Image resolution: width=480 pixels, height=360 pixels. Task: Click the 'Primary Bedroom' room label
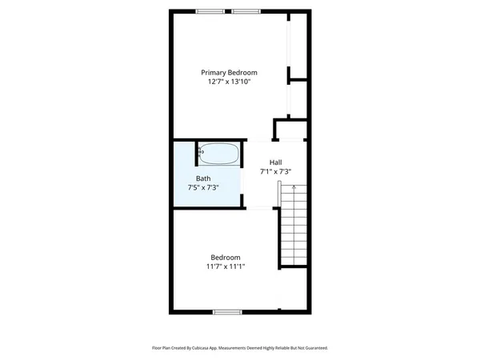[229, 72]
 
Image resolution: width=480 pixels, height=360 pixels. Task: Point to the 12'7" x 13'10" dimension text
[229, 82]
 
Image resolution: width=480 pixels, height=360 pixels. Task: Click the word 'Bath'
[203, 178]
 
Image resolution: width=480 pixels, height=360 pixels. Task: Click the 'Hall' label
[275, 162]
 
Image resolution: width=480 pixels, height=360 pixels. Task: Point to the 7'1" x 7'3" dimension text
[275, 171]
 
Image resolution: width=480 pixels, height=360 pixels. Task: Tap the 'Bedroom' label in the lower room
[226, 257]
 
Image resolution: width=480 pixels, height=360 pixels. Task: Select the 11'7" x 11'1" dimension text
[226, 266]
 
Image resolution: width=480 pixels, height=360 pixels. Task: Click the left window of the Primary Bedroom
[210, 11]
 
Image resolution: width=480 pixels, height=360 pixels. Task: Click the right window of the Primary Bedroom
[246, 11]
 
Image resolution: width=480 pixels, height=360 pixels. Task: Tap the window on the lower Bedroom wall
[227, 311]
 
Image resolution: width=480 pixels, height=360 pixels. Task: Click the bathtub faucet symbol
[201, 150]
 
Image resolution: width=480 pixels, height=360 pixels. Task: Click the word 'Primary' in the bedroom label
[214, 72]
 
